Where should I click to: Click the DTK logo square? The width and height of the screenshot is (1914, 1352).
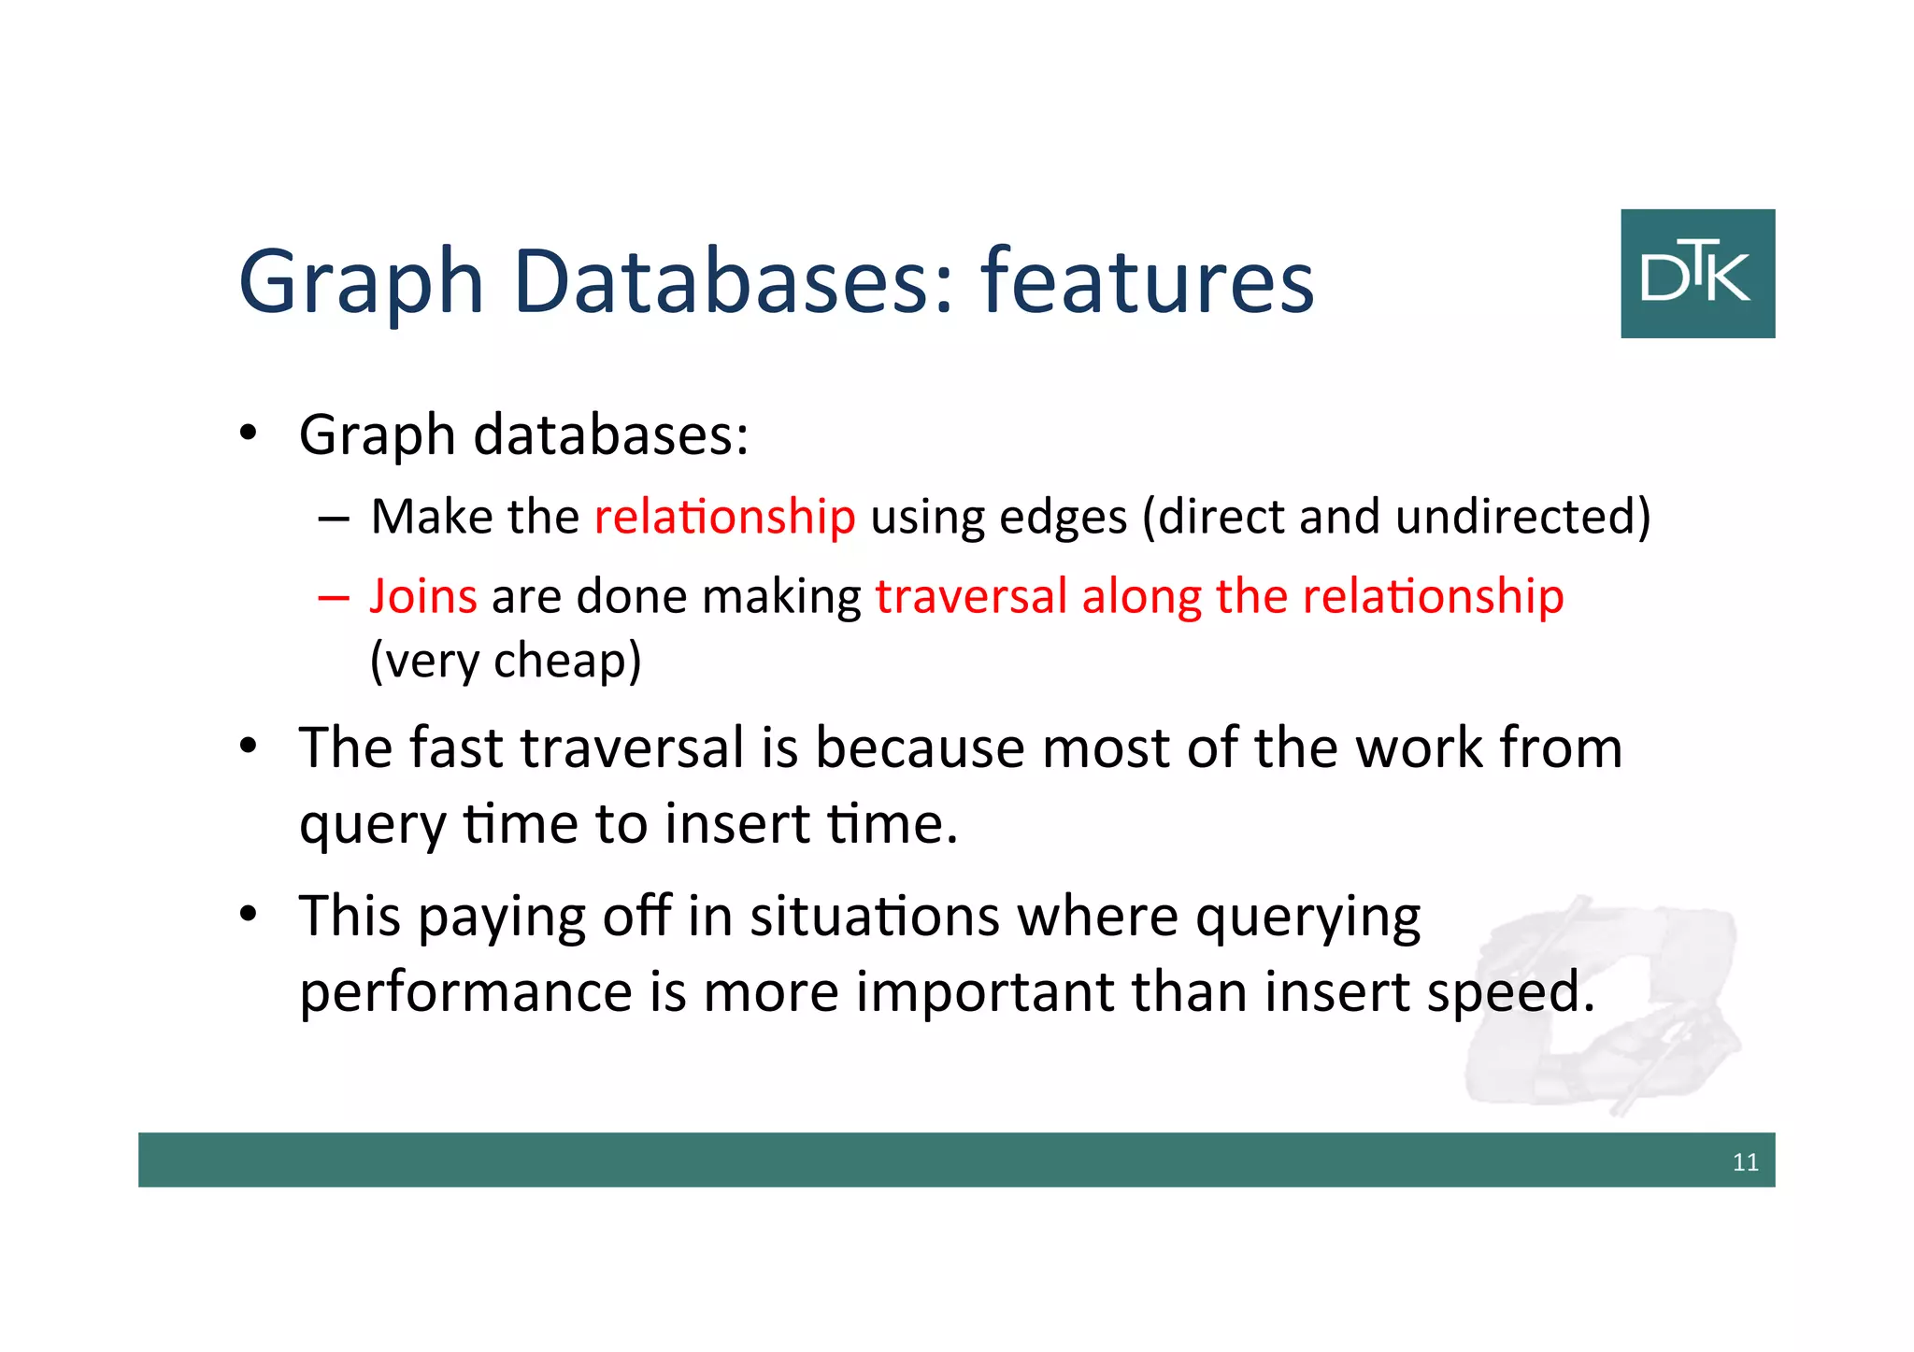(1697, 273)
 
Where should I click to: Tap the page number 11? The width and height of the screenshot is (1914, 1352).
(1745, 1162)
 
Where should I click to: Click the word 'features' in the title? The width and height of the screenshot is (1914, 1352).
(1147, 280)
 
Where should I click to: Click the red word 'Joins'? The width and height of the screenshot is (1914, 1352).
(423, 596)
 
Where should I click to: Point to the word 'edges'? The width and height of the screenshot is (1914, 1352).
(1064, 517)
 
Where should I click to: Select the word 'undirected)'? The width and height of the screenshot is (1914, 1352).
(1522, 517)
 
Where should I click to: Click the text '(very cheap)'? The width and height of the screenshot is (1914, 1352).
(506, 661)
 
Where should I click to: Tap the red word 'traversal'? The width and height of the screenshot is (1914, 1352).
(971, 596)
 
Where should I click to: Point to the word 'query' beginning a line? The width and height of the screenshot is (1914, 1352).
(373, 827)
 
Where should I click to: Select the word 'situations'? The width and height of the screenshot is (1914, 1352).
(875, 917)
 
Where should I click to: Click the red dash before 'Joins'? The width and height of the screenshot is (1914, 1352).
(333, 598)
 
